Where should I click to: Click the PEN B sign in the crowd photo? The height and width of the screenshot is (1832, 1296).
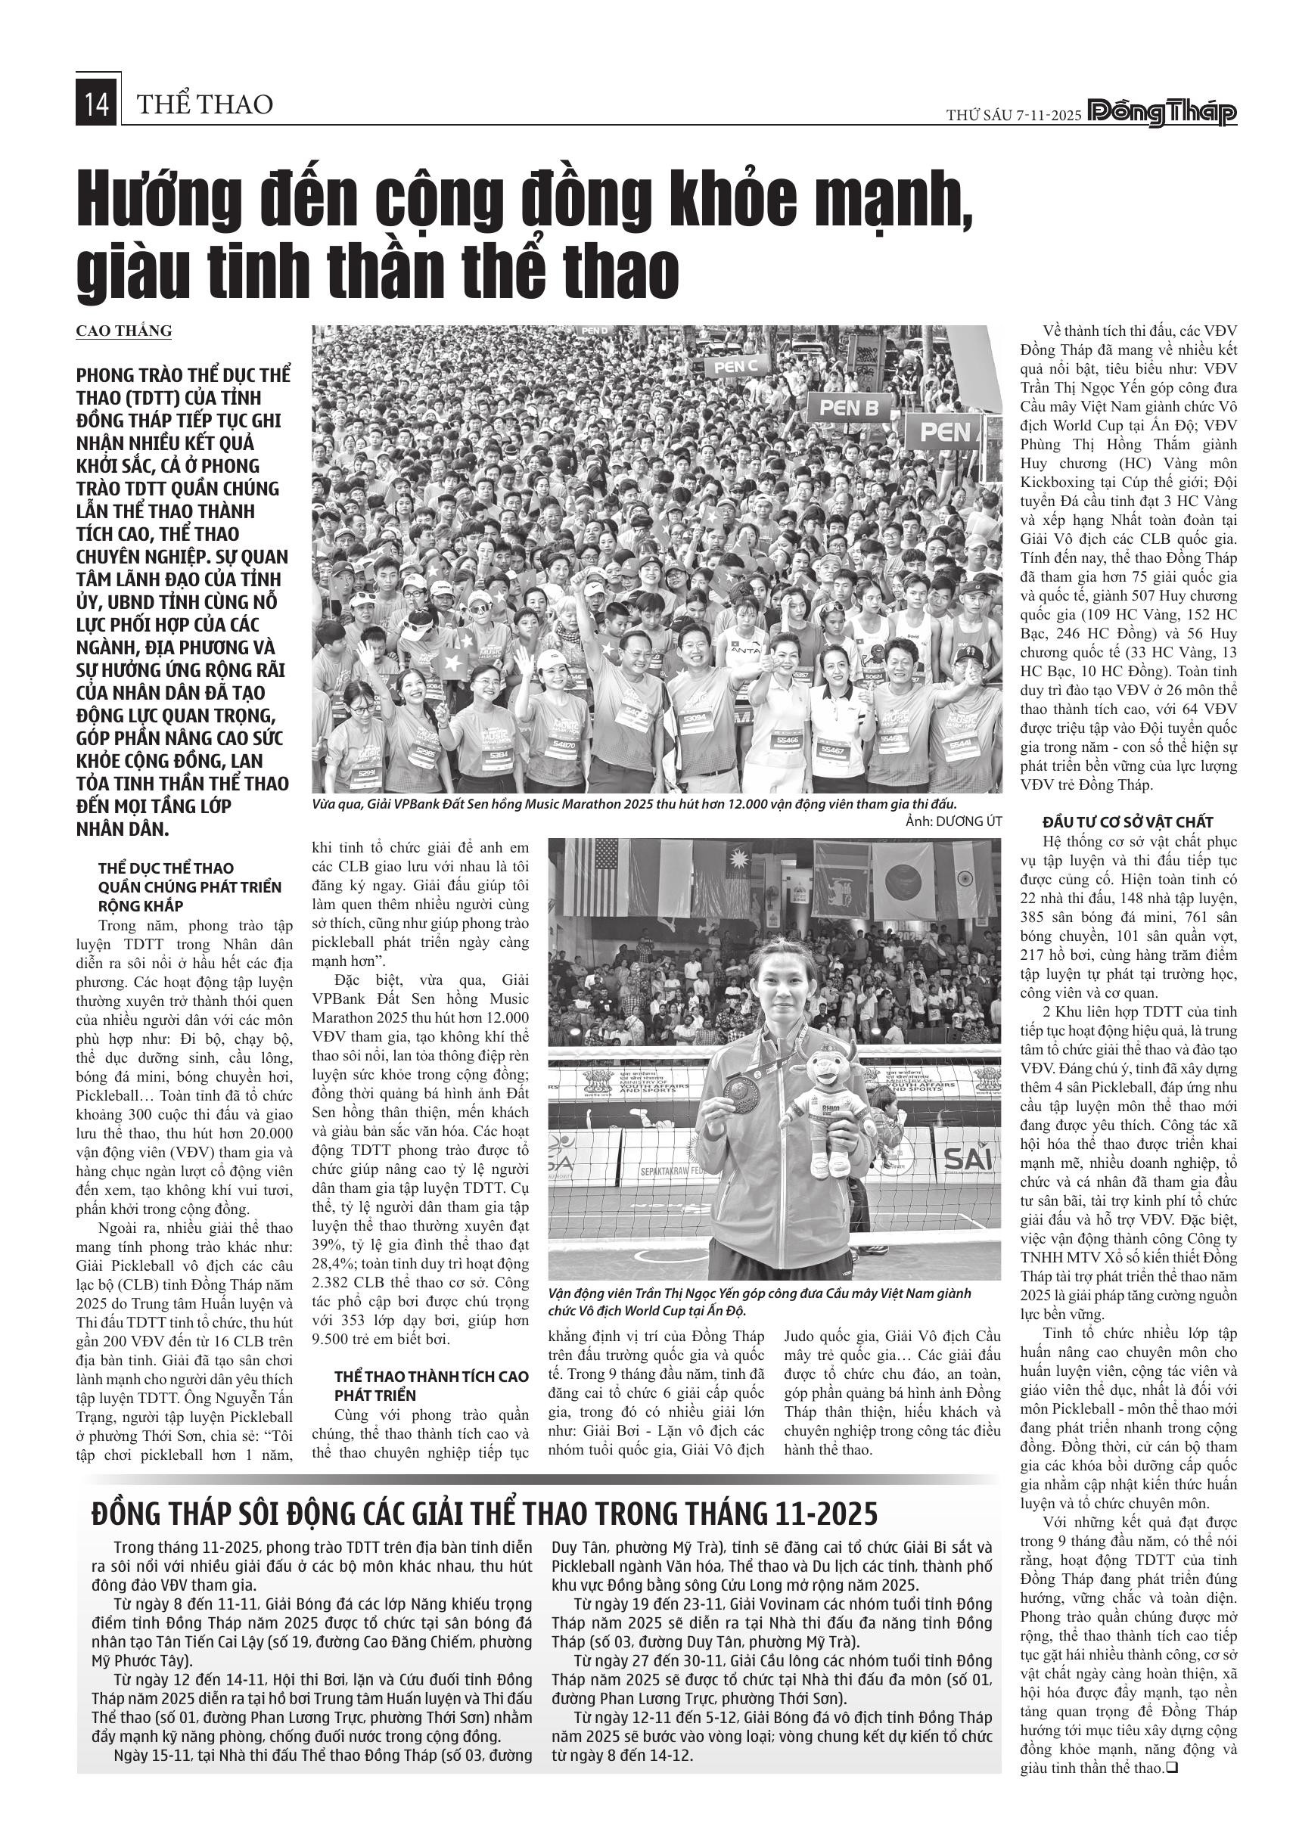pyautogui.click(x=848, y=408)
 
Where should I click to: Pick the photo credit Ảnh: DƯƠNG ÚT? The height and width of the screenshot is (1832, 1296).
pyautogui.click(x=953, y=821)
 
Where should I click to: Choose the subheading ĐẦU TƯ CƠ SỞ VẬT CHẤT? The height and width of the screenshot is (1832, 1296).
pyautogui.click(x=1128, y=822)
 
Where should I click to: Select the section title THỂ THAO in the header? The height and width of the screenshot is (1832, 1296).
pyautogui.click(x=205, y=104)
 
